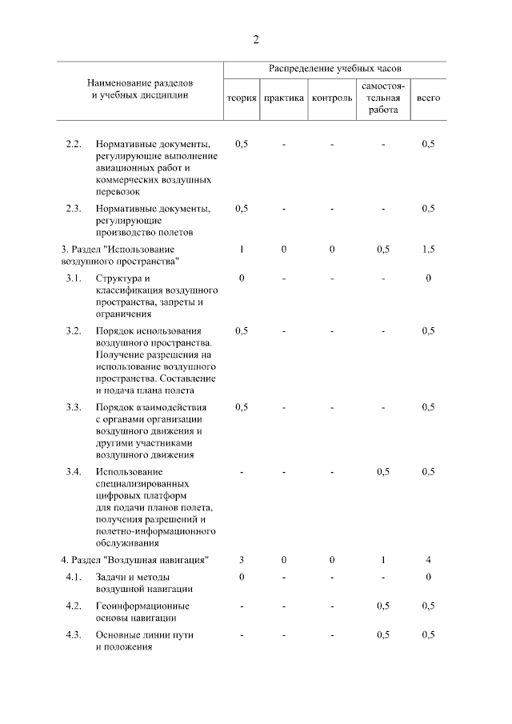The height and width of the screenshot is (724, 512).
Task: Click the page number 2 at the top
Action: point(256,39)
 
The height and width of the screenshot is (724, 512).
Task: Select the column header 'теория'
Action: point(241,98)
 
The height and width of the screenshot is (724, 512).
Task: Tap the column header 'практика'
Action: point(283,98)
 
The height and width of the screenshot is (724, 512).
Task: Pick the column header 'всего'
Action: point(428,98)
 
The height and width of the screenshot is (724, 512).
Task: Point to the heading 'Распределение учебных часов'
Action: point(334,70)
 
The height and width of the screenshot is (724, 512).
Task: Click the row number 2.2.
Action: point(74,144)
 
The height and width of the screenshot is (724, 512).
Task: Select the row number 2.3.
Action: point(74,209)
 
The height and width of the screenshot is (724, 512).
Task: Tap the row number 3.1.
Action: point(74,278)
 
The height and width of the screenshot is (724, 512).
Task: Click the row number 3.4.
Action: point(74,471)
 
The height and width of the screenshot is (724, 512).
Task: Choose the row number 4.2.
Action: point(74,606)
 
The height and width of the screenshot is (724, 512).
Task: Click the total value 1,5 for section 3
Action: point(428,250)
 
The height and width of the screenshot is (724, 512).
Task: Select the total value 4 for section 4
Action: point(428,559)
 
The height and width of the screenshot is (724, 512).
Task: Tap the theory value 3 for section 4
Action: point(242,559)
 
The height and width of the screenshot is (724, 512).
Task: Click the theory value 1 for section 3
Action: point(242,250)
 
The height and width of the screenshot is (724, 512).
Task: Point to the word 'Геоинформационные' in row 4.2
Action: point(142,606)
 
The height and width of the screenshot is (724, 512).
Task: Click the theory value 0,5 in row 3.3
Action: point(242,406)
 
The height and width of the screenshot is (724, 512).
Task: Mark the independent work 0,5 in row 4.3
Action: point(383,634)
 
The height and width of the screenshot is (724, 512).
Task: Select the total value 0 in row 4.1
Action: point(428,577)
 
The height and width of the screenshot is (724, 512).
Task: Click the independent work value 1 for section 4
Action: point(383,559)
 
